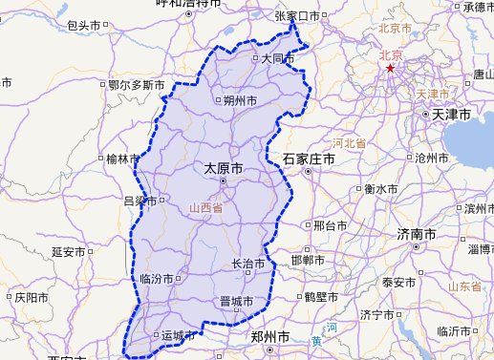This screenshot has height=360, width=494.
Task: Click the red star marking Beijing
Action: point(390,69)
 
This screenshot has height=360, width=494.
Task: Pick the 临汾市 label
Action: point(156,279)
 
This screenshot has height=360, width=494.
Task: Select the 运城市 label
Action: point(179,335)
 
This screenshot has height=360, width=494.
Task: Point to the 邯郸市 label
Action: point(312,260)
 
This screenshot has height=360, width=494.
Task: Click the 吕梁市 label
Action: point(142,201)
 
